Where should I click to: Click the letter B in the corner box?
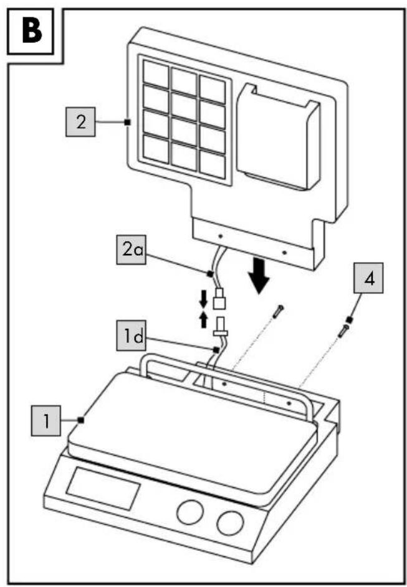[32, 32]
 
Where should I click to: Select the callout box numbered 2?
[81, 122]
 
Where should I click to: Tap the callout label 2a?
[131, 250]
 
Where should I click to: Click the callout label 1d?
[131, 336]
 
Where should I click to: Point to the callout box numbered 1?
[45, 421]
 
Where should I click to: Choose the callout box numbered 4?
[368, 278]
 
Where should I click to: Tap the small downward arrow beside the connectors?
[203, 298]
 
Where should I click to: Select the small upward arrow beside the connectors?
[203, 320]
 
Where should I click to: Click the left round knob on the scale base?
[190, 512]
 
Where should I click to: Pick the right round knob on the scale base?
[230, 522]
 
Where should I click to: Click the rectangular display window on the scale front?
[103, 488]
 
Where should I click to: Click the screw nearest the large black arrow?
[278, 311]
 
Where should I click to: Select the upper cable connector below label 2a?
[219, 298]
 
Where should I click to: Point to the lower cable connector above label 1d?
[221, 326]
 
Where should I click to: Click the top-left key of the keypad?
[156, 73]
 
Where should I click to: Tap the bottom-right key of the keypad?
[212, 165]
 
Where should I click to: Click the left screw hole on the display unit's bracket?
[221, 236]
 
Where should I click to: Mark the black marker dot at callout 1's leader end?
[80, 420]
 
